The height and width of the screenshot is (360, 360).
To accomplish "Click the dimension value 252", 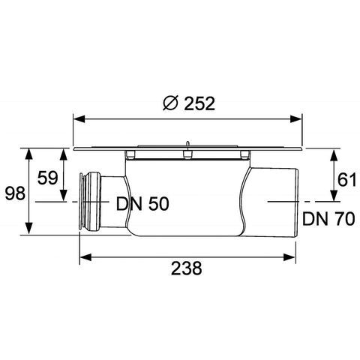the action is point(199,103).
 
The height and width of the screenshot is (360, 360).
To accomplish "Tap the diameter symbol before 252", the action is point(170,103).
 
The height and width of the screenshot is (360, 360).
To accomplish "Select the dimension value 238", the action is point(187,268).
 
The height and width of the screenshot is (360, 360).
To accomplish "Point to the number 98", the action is point(15,193).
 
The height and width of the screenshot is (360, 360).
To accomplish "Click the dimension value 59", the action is point(48,178).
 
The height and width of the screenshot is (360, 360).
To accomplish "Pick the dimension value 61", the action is point(346,180).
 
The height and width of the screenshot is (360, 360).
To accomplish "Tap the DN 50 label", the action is point(142,204).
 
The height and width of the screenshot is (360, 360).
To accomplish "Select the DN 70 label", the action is point(328,219).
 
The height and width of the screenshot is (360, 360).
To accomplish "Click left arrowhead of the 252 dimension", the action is point(79,119).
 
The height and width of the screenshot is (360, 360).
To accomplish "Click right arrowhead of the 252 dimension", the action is point(296,119).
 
